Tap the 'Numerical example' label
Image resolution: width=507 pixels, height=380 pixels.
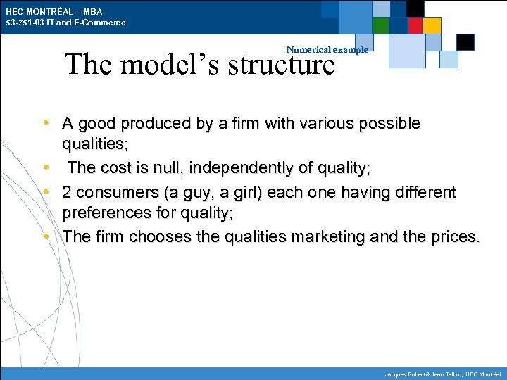[x=327, y=50]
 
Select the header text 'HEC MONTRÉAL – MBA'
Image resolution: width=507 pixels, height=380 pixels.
[x=54, y=12]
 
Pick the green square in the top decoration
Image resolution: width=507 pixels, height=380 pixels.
[x=380, y=26]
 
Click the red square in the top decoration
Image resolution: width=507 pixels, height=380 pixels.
[x=415, y=26]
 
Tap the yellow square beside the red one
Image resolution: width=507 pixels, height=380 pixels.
[x=432, y=26]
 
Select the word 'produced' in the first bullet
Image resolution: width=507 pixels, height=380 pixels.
[x=149, y=124]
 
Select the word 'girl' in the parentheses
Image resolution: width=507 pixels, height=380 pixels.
[x=277, y=192]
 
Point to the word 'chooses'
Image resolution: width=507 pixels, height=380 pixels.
[x=160, y=236]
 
